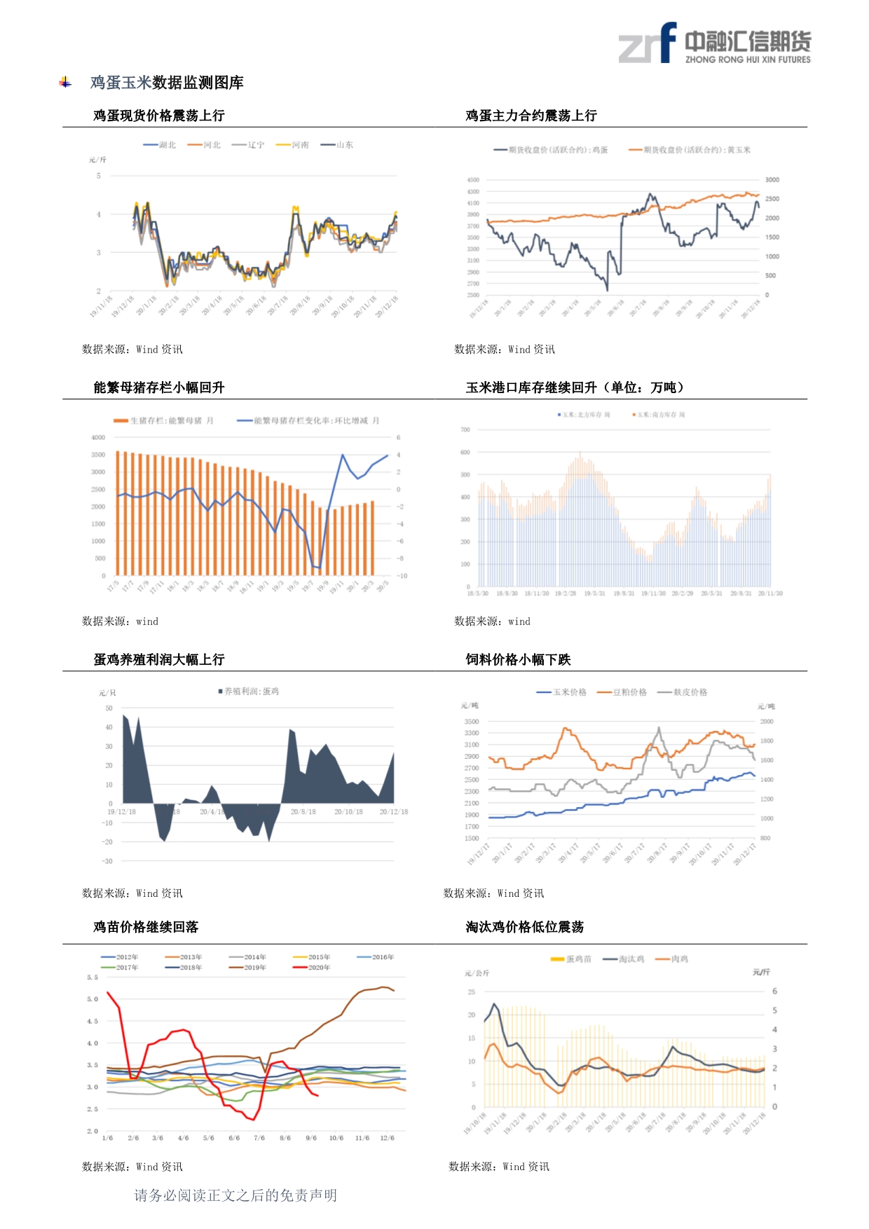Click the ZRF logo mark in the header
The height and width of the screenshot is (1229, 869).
[x=647, y=43]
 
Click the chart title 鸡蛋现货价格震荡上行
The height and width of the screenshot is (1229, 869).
[x=159, y=116]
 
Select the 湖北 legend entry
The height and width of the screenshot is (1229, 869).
[x=160, y=145]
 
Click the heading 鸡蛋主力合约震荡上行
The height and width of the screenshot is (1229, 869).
[x=531, y=116]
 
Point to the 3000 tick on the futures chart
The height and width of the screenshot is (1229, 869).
[x=772, y=180]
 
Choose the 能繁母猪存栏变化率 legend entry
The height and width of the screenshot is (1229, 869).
[x=308, y=421]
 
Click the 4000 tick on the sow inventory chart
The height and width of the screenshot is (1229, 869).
[x=98, y=437]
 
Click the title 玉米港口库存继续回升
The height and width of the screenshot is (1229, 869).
[x=575, y=387]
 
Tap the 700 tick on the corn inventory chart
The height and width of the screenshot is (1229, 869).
[x=465, y=430]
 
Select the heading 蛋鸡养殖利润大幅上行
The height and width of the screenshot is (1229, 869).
[x=159, y=659]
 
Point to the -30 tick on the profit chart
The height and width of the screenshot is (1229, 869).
[x=107, y=861]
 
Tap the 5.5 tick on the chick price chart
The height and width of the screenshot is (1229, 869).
[x=93, y=977]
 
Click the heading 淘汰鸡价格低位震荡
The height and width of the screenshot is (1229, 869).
[x=525, y=927]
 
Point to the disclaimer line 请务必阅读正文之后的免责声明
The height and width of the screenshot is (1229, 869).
[x=235, y=1195]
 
